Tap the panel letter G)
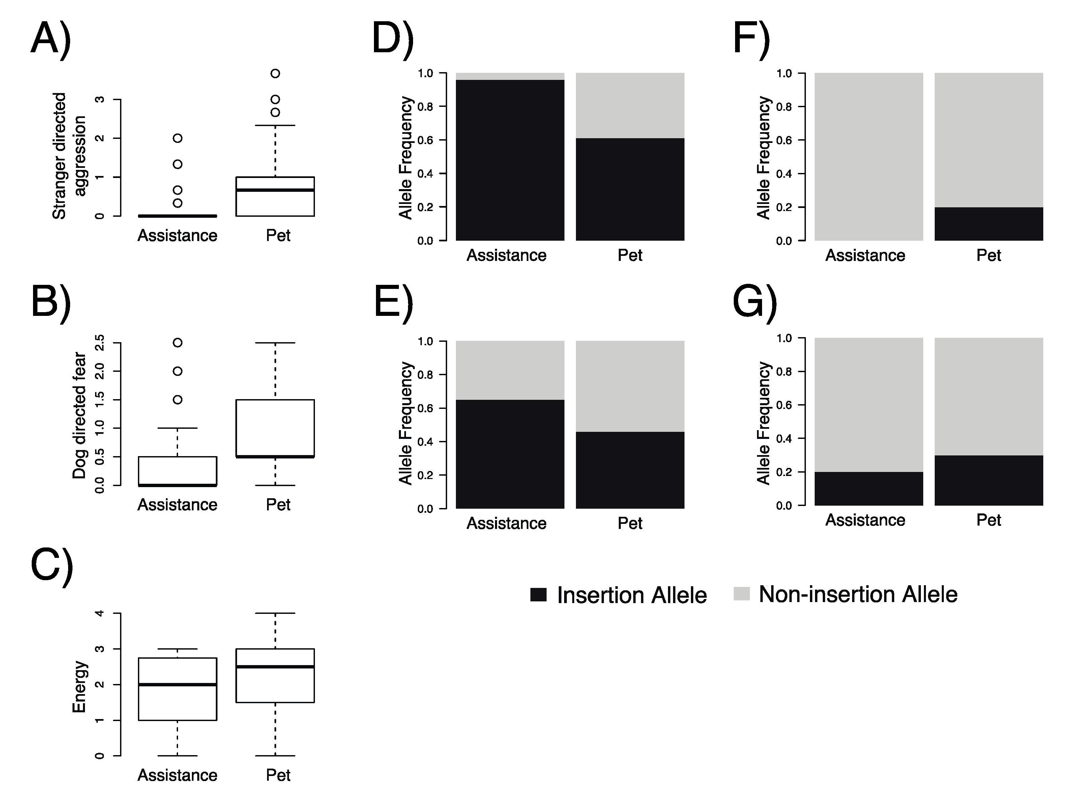click(754, 303)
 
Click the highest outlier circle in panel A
click(275, 73)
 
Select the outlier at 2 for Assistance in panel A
click(178, 138)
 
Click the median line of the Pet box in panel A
click(275, 190)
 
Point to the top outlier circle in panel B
click(178, 342)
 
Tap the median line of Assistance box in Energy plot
click(178, 684)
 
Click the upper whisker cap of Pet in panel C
click(275, 613)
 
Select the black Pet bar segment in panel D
click(630, 189)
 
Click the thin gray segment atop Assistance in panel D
click(510, 77)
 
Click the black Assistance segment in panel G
click(869, 489)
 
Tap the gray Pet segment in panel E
click(630, 386)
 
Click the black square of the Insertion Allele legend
click(538, 594)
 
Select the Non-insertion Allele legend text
click(858, 594)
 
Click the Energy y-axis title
click(79, 687)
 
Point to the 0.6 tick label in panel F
click(784, 140)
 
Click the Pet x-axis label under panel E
click(630, 523)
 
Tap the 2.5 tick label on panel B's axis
click(99, 342)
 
